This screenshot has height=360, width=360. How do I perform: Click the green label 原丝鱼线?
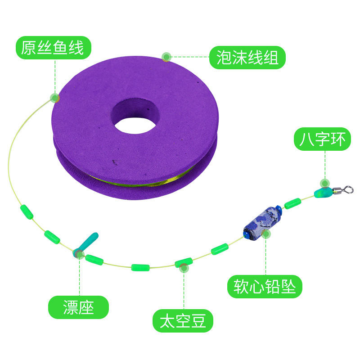pyautogui.click(x=53, y=48)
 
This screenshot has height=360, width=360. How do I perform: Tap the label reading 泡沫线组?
pyautogui.click(x=247, y=58)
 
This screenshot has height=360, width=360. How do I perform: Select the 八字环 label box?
pyautogui.click(x=323, y=139)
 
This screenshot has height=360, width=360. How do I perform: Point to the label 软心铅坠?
pyautogui.click(x=265, y=286)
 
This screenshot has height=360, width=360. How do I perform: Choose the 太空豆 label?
pyautogui.click(x=183, y=321)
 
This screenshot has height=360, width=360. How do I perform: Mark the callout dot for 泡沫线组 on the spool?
pyautogui.click(x=166, y=57)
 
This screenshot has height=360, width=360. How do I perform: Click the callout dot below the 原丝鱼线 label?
pyautogui.click(x=55, y=97)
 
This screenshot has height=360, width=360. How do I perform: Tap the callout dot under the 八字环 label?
pyautogui.click(x=324, y=183)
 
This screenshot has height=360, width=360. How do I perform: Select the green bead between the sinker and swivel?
pyautogui.click(x=293, y=203)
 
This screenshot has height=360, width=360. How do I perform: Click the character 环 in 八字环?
pyautogui.click(x=337, y=139)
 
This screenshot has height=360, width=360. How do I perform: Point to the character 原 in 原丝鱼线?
pyautogui.click(x=28, y=48)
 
